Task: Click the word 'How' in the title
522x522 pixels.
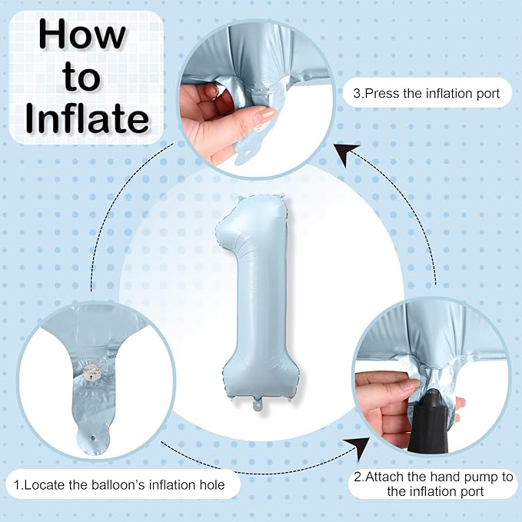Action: pos(82,35)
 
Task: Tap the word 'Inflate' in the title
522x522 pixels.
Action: pos(87,118)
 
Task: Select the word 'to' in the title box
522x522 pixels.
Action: pos(81,77)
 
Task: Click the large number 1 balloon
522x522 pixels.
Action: pos(258,300)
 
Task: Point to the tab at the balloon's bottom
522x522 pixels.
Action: pos(258,404)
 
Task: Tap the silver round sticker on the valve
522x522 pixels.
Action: pos(91,374)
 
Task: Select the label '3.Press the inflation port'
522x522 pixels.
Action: pos(427,93)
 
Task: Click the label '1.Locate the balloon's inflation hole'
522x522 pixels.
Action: pos(119,484)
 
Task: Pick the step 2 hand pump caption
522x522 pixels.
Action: pos(434,484)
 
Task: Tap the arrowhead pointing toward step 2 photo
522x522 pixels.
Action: pos(358,447)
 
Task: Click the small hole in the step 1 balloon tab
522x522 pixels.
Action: pos(92,437)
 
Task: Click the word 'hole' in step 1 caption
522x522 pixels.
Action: pos(212,484)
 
